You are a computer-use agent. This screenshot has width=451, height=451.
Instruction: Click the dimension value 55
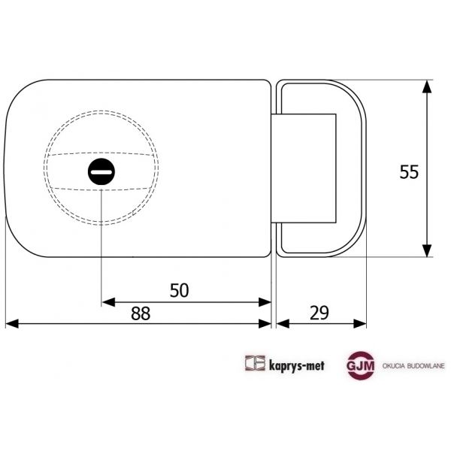click(409, 171)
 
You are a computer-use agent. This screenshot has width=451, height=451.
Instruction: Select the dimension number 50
click(179, 290)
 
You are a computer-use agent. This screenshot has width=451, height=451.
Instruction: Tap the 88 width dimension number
click(140, 314)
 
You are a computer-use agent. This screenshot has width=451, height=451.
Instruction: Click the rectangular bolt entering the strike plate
click(304, 168)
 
